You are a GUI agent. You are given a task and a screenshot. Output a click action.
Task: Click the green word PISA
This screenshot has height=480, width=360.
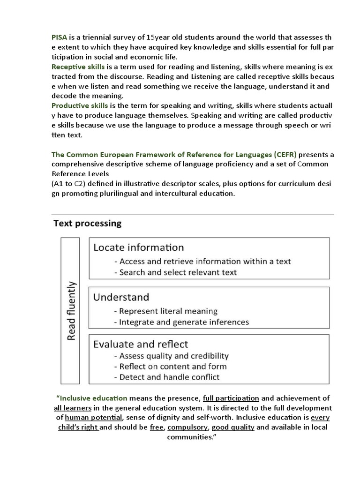60,37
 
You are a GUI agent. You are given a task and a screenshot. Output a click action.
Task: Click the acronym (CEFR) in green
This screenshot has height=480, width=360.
281,154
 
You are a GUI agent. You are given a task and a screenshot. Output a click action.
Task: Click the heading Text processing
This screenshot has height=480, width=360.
87,223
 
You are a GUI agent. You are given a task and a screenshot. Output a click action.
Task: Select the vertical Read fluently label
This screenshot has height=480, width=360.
71,310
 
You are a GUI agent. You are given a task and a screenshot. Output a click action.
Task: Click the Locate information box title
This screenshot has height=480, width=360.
138,247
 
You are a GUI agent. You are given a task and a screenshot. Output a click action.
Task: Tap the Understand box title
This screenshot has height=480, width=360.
121,297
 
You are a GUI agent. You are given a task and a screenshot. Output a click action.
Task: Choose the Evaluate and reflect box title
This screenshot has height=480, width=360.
141,344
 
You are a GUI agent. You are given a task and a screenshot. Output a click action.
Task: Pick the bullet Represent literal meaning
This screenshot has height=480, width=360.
165,311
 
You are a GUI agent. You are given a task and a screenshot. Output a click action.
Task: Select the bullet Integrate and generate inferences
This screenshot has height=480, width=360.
181,322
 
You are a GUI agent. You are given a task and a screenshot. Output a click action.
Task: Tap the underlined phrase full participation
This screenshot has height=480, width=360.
231,398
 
